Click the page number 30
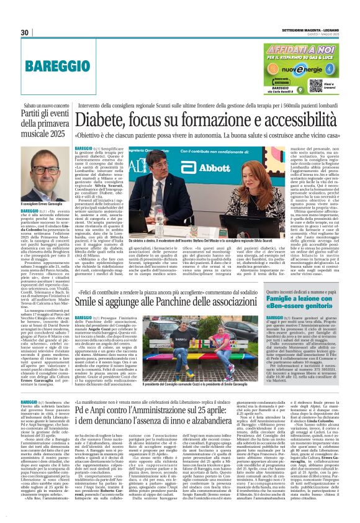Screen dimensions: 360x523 pyautogui.click(x=25, y=32)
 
